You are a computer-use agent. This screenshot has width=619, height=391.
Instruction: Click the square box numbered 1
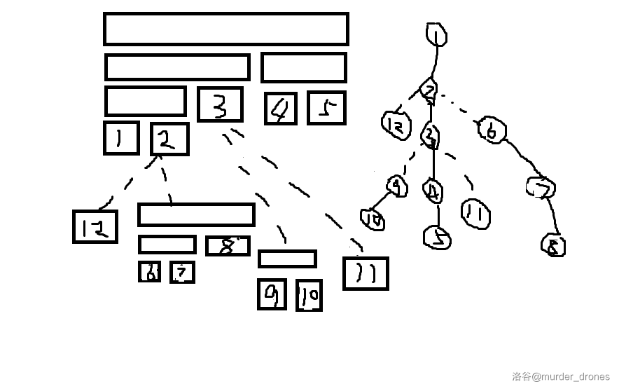tap(120, 138)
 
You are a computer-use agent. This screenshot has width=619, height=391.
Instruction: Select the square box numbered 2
tap(169, 139)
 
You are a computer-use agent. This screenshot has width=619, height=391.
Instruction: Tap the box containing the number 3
tap(220, 104)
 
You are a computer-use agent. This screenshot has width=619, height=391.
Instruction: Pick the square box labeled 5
tap(326, 108)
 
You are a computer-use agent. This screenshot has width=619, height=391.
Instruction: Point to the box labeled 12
tap(95, 226)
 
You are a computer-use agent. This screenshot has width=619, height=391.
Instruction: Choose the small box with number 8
tap(228, 246)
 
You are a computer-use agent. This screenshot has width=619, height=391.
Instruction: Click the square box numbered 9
tap(272, 294)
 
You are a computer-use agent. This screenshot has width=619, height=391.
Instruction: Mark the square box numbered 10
tap(309, 295)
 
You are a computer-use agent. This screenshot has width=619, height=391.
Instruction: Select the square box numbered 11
tap(365, 273)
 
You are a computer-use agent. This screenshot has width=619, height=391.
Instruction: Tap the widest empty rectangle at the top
tap(225, 29)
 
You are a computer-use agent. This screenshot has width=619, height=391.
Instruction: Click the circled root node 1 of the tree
tap(436, 34)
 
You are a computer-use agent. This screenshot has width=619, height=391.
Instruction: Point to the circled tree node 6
tap(492, 131)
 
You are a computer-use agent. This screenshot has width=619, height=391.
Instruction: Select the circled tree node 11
tap(475, 214)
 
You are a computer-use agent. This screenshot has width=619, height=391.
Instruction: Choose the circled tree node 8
tap(553, 245)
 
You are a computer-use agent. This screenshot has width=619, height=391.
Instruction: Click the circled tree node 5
tap(438, 238)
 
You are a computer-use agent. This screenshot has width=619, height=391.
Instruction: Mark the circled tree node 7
tap(541, 188)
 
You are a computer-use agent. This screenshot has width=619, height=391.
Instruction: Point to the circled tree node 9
tap(397, 186)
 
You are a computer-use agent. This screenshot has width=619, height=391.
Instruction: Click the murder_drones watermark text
tap(561, 376)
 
